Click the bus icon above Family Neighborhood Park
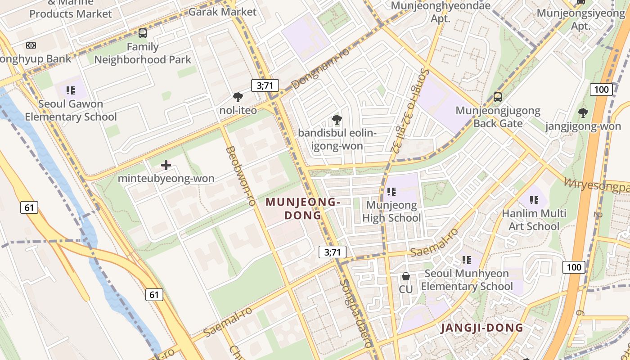point(143,33)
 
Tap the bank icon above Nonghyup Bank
point(31,45)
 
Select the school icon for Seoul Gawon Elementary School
point(70,90)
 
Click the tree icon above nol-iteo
point(238,97)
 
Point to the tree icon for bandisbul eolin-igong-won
point(336,119)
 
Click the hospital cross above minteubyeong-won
point(166,165)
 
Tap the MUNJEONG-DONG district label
point(302,209)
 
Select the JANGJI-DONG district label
point(482,328)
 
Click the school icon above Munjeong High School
point(391,192)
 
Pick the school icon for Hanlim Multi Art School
point(534,200)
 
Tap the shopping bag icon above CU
point(405,276)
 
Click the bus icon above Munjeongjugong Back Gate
point(498,97)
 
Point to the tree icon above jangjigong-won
point(583,112)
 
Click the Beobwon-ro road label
point(240,175)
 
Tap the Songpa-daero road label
point(356,313)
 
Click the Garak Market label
point(222,12)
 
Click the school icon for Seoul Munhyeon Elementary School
point(467,260)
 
